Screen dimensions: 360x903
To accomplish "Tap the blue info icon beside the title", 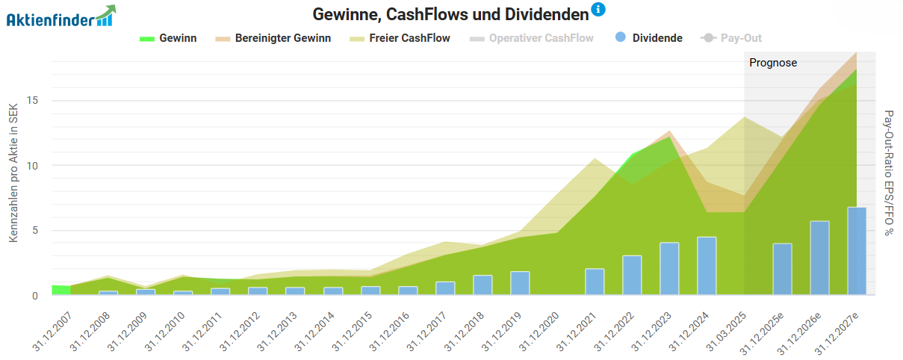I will pyautogui.click(x=598, y=10).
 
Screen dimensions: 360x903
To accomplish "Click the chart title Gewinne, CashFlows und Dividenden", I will pyautogui.click(x=450, y=14).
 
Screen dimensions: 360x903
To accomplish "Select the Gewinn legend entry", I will pyautogui.click(x=169, y=38).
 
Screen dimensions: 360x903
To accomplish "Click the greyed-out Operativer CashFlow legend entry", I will pyautogui.click(x=532, y=38).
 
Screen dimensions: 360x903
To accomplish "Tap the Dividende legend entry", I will pyautogui.click(x=648, y=38).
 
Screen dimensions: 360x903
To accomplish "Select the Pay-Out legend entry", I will pyautogui.click(x=731, y=38).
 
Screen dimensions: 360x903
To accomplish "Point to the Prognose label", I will pyautogui.click(x=773, y=63).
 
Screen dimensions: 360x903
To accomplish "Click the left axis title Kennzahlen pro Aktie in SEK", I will pyautogui.click(x=13, y=174).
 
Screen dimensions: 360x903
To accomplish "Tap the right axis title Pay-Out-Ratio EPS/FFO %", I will pyautogui.click(x=889, y=173).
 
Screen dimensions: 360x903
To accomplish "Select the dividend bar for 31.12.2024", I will pyautogui.click(x=707, y=266).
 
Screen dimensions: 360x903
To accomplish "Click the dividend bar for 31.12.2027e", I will pyautogui.click(x=857, y=251).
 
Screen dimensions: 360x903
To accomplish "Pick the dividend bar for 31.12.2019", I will pyautogui.click(x=520, y=283).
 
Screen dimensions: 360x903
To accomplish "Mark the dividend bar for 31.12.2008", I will pyautogui.click(x=108, y=293).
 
